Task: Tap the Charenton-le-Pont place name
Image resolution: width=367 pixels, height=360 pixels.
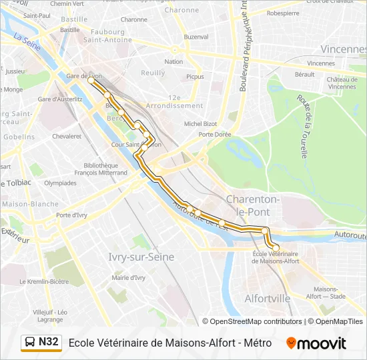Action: pos(252,205)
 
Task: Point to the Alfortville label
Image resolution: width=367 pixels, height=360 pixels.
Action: pos(268,298)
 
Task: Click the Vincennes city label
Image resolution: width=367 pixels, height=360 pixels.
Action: pos(342,49)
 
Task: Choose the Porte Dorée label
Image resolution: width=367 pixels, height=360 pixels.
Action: pos(214,135)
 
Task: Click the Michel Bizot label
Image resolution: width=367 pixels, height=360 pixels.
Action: pos(201,123)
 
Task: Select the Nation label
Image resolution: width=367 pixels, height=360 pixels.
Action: pos(173,62)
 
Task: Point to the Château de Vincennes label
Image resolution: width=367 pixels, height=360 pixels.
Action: pos(341,83)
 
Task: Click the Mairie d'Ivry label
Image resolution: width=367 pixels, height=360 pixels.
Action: pos(129,277)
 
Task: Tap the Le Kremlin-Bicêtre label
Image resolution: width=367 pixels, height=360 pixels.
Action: pos(44,281)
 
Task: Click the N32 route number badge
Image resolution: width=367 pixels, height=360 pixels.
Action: pos(49,342)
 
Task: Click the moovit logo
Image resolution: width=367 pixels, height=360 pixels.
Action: pos(316,343)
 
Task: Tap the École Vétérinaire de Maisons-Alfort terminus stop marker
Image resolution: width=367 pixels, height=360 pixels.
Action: pos(276,247)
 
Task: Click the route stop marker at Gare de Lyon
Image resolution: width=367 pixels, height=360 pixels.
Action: pos(92,83)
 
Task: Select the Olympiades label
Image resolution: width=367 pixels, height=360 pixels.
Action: pos(60,183)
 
